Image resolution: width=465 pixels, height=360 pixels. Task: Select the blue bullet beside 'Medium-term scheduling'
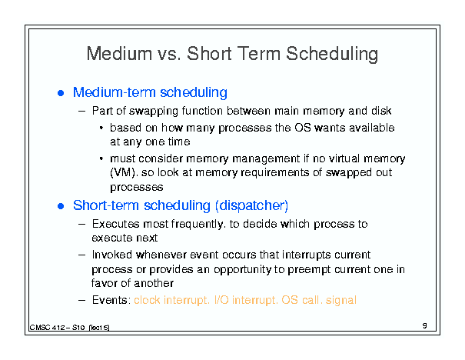[x=61, y=93]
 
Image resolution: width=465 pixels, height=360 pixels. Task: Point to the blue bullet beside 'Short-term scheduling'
[x=61, y=206]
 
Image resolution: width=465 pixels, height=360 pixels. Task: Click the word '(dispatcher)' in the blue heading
[x=252, y=205]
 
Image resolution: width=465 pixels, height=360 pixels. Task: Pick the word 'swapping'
[x=154, y=112]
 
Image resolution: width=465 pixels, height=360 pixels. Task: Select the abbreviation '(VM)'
[x=123, y=172]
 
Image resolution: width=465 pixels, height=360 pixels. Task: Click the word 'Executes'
[x=115, y=224]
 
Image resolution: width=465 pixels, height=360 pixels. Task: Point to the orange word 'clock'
[x=147, y=300]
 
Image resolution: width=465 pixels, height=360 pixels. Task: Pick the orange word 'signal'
[x=341, y=300]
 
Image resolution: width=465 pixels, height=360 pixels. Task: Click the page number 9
[x=425, y=325]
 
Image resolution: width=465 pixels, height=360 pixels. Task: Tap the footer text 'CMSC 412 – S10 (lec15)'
[x=69, y=328]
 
